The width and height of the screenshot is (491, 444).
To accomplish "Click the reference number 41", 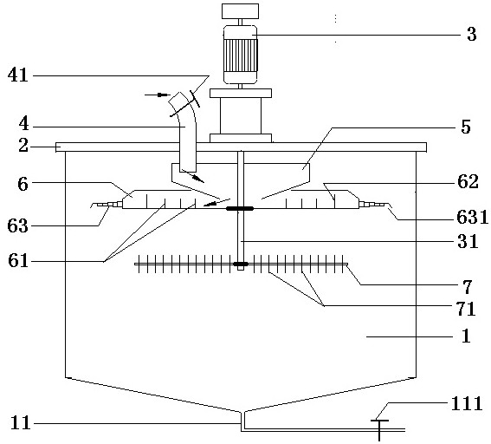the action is point(18,75).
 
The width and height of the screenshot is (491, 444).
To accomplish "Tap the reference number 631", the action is point(473,217).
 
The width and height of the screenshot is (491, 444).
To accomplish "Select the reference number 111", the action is point(466,403).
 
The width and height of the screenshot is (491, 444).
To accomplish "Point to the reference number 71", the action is point(467,309).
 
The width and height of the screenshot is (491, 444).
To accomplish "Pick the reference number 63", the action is point(18,225).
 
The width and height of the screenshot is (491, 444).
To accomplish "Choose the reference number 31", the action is point(468,241).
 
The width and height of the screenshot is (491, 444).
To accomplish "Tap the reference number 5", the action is point(466,127).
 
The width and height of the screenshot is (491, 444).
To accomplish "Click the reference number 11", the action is point(21,422).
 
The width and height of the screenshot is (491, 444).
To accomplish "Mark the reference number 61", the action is point(18,260).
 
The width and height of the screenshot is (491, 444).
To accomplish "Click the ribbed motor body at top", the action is point(241,55).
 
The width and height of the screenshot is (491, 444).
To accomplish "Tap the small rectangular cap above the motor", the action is point(240,11).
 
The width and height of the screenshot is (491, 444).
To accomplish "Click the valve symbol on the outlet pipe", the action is point(379,430).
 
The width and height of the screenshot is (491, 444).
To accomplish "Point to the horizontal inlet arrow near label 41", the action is point(158,95).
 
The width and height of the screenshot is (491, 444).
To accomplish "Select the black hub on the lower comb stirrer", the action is point(241,264).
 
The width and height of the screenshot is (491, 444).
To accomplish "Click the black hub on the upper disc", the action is point(240,208).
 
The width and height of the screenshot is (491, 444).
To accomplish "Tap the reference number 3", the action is point(472,34).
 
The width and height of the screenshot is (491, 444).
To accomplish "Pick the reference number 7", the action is point(467,286).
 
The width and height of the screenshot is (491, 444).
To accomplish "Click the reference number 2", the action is point(23,146).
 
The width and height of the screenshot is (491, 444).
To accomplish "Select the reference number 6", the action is point(23,184).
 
